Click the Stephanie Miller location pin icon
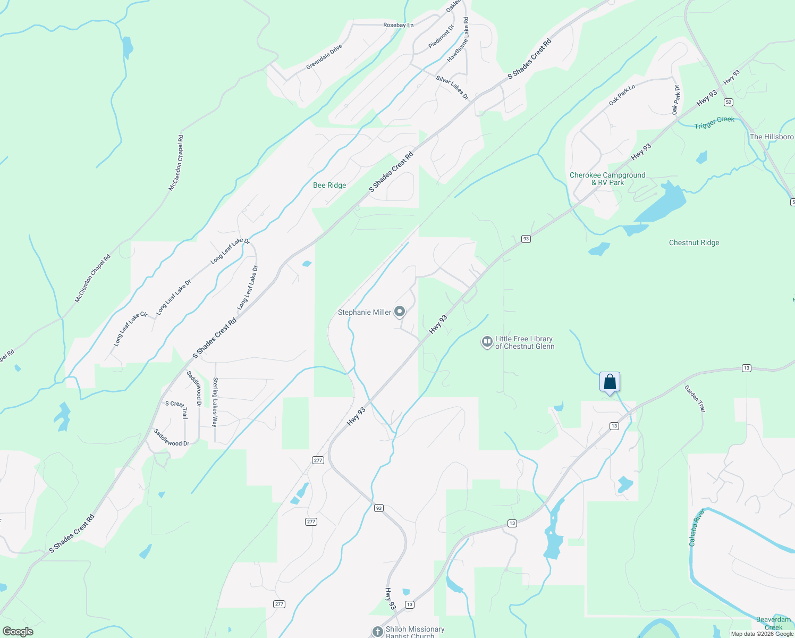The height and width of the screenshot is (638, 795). click(x=400, y=312)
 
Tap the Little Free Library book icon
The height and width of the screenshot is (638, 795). click(x=487, y=342)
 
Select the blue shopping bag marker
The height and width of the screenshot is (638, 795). click(x=610, y=382)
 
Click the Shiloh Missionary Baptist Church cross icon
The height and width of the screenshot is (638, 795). click(x=377, y=632)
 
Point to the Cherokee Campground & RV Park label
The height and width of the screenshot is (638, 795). click(x=607, y=179)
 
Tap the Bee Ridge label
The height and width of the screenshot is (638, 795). click(x=329, y=185)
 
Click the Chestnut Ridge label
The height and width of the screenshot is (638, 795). click(x=694, y=242)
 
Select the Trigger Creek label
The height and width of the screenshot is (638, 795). click(x=714, y=122)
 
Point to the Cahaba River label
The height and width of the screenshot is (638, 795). click(x=696, y=527)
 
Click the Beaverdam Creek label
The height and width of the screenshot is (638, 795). click(x=773, y=623)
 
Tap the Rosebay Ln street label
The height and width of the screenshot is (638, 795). click(x=398, y=25)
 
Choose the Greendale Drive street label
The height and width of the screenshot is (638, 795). click(x=324, y=57)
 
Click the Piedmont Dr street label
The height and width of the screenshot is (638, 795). click(x=442, y=37)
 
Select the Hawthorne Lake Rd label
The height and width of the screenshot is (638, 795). click(x=458, y=40)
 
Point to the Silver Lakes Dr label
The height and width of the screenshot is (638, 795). click(x=452, y=88)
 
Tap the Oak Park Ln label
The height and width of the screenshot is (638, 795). click(x=622, y=95)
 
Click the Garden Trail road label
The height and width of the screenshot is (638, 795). click(x=695, y=399)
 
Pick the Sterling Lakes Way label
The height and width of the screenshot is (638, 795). click(x=215, y=402)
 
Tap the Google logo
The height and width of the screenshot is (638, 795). click(x=18, y=631)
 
